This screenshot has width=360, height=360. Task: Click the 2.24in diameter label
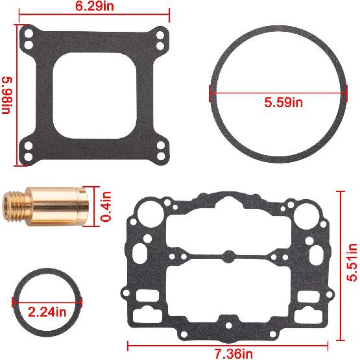coord(47,311)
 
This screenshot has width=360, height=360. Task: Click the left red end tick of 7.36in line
coord(128,345)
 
